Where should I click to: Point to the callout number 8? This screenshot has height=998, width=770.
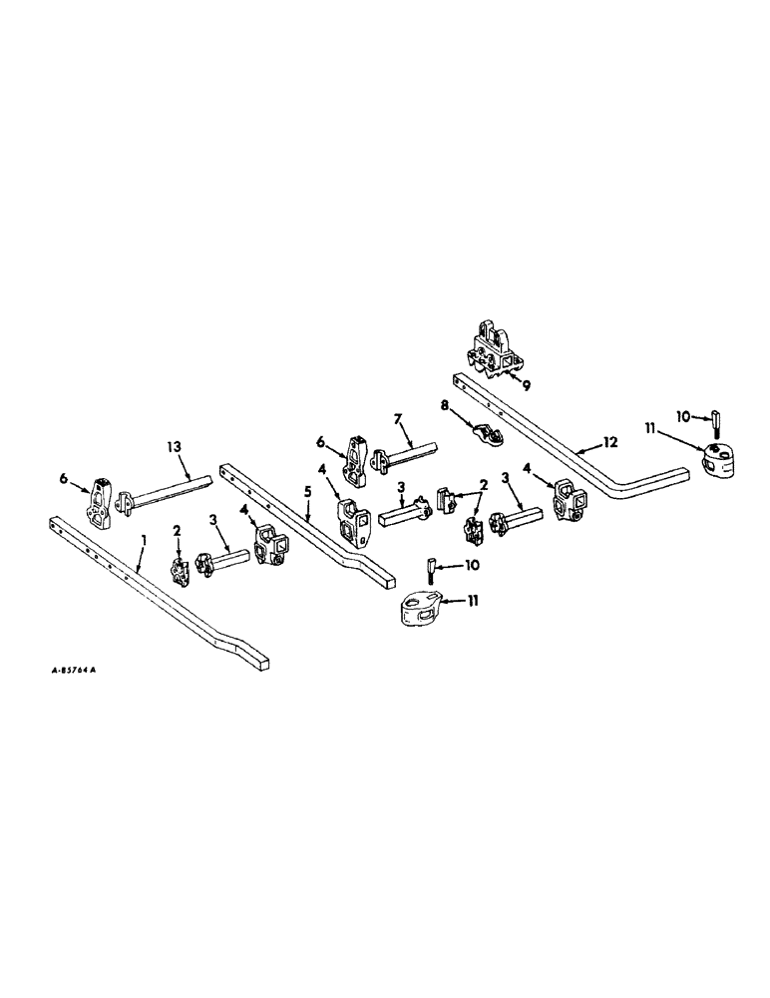(445, 406)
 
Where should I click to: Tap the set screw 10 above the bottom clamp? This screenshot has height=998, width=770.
(428, 572)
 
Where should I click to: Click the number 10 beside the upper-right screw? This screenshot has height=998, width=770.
(682, 414)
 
